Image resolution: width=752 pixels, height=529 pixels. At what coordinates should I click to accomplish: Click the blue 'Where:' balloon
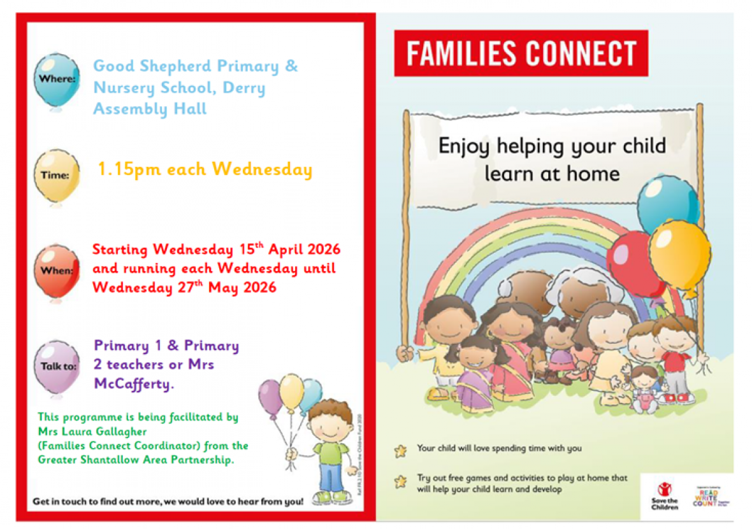click(x=57, y=80)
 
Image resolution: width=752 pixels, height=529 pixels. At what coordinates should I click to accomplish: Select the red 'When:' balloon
click(x=57, y=270)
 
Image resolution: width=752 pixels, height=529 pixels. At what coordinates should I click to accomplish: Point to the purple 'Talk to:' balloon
click(x=57, y=365)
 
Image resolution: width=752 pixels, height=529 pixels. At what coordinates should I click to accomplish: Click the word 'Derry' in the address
click(x=243, y=88)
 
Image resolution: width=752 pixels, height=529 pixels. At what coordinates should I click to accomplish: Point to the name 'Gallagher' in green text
click(x=118, y=432)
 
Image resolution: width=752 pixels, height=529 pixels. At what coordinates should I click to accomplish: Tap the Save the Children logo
click(x=665, y=495)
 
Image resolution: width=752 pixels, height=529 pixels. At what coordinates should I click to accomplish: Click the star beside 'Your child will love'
click(x=400, y=451)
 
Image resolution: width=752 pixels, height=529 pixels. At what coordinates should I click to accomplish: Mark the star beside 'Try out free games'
click(x=400, y=481)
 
